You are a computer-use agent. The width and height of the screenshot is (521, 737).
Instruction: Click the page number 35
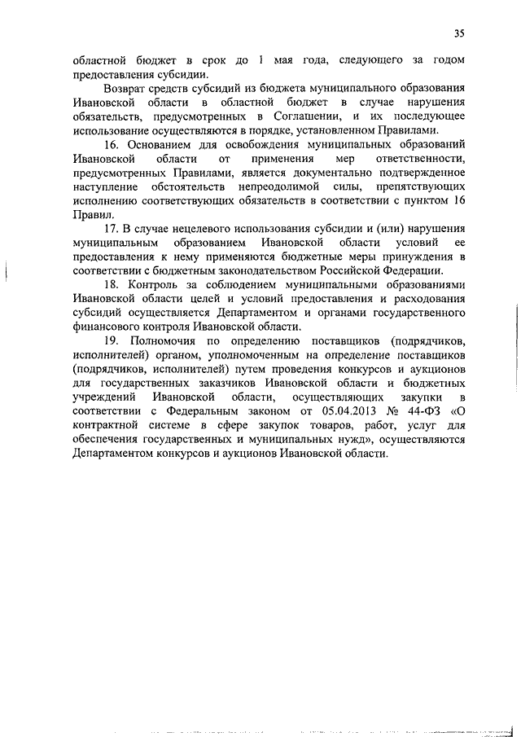[460, 33]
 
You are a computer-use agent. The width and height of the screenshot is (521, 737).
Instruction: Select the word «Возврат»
[128, 88]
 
